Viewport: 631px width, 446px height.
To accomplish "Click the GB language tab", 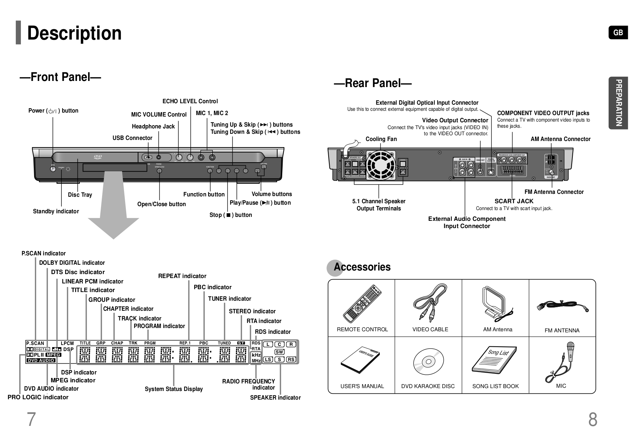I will pos(618,33).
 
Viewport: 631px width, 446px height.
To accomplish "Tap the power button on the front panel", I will pos(53,169).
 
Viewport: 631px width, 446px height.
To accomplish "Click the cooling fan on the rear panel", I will pos(380,165).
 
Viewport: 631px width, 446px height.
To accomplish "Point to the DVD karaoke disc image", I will pos(427,361).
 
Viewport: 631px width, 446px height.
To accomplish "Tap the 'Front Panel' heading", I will pos(60,77).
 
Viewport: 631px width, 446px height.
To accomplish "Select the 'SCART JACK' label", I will pos(514,201).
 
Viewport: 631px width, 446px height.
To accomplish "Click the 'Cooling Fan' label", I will pos(381,139).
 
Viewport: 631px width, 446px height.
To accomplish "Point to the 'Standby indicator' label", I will pos(56,211).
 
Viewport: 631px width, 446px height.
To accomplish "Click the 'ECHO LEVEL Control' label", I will pos(190,101).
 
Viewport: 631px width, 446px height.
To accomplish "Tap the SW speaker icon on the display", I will pos(279,352).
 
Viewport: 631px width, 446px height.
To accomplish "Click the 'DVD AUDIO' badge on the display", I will pos(41,360).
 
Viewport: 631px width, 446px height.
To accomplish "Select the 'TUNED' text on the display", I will pos(224,343).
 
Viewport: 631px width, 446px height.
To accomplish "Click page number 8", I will pos(593,419).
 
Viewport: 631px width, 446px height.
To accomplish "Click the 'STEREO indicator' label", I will pos(252,311).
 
